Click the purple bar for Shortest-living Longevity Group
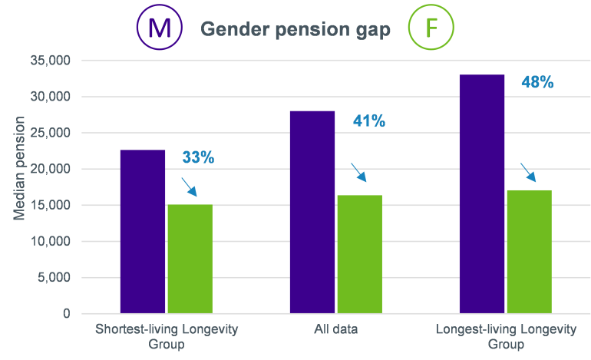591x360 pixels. coord(143,231)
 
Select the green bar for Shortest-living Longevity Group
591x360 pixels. coord(190,259)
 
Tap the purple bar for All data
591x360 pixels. coord(312,212)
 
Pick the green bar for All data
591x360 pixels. coord(360,254)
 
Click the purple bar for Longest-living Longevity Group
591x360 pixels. coord(482,193)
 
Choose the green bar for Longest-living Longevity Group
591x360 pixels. coord(529,252)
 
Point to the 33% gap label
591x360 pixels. coord(198,157)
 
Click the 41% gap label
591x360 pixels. coord(368,121)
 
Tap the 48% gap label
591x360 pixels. coord(537,82)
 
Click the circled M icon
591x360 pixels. coord(160,28)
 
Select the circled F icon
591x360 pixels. coord(431,28)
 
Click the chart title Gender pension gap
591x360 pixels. coord(295,29)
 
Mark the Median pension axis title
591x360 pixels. coord(21,169)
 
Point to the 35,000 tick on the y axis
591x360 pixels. coord(49,61)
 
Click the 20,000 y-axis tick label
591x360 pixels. coord(49,169)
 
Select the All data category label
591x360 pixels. coord(335,329)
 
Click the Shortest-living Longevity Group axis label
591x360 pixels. coord(166,336)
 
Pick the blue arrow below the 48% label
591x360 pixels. coord(528,171)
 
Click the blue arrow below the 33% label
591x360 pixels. coord(189,187)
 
